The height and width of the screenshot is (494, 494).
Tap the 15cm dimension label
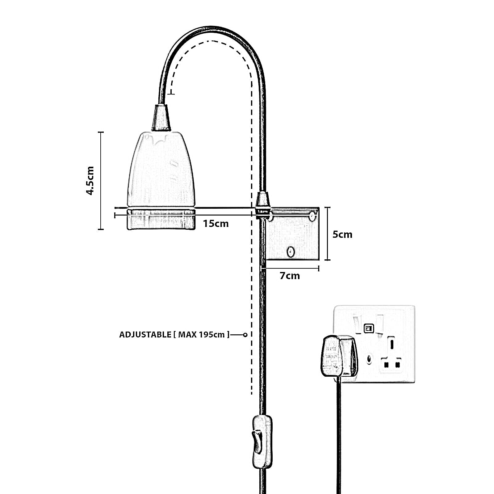[x=216, y=223]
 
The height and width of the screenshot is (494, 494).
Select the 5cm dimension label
[x=342, y=234]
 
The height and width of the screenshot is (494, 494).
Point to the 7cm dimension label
[x=290, y=275]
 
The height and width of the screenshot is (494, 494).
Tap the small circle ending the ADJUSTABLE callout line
[x=245, y=335]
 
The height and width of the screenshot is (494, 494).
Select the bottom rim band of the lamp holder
[x=161, y=219]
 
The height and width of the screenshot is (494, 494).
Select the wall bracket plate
[x=292, y=235]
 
